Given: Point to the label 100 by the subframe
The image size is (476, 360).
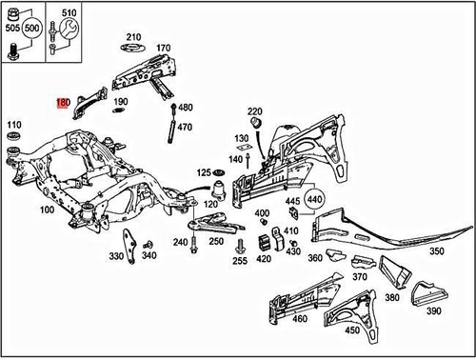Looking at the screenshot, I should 46,209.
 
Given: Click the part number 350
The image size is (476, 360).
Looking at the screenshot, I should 437,251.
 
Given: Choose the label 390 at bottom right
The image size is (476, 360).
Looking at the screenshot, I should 433,311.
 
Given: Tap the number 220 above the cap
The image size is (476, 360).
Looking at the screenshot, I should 254,111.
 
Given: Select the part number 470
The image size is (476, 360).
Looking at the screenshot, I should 185,127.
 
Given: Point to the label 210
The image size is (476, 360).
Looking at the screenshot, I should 132,36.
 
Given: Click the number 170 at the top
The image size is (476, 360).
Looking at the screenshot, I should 163,47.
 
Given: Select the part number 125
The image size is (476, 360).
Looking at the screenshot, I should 204,172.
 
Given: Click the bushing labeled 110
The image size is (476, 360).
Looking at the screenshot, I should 14,148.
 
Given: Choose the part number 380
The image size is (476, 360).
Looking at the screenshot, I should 391,297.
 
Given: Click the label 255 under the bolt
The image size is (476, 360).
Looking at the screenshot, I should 241,260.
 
